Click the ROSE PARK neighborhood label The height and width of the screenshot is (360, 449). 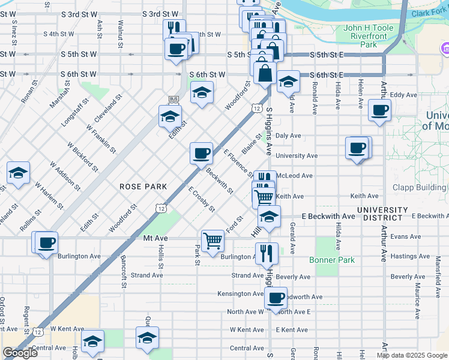[x=143, y=187]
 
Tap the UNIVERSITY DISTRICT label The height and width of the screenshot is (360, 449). [x=382, y=213]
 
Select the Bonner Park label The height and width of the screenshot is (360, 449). [x=331, y=260]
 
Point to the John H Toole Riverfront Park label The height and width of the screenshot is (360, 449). [x=368, y=36]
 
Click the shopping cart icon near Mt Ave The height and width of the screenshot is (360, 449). [x=213, y=241]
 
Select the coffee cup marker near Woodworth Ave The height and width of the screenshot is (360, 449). [x=276, y=298]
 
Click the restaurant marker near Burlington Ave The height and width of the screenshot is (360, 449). [x=266, y=253]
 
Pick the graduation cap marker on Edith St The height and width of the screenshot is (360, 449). [x=170, y=116]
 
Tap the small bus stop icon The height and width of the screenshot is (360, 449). [x=173, y=98]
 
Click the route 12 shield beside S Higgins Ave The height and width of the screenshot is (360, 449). [x=256, y=108]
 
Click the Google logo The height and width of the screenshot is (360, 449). [x=20, y=353]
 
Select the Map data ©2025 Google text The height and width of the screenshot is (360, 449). [x=412, y=355]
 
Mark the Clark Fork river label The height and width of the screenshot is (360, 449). [x=427, y=11]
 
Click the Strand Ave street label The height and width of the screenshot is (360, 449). [x=147, y=275]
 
